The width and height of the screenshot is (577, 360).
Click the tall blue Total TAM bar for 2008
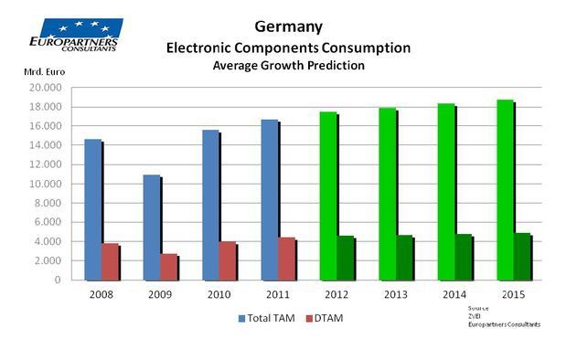(91, 209)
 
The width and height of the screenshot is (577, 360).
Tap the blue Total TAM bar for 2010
(210, 205)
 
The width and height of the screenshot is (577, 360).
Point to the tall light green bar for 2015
(504, 190)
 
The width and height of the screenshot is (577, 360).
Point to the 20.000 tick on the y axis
(46, 88)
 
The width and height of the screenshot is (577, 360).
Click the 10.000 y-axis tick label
(46, 184)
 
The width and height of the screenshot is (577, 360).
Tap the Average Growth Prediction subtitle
(288, 66)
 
